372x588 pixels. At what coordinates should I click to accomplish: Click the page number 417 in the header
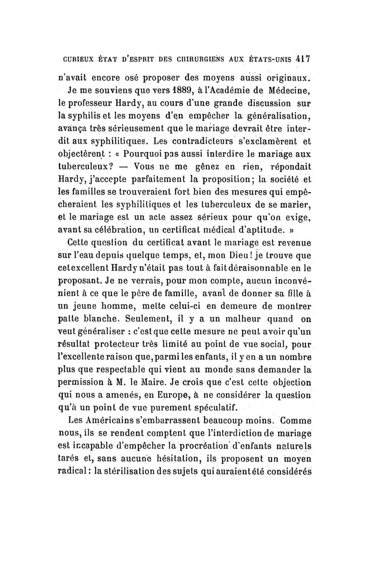305,60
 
